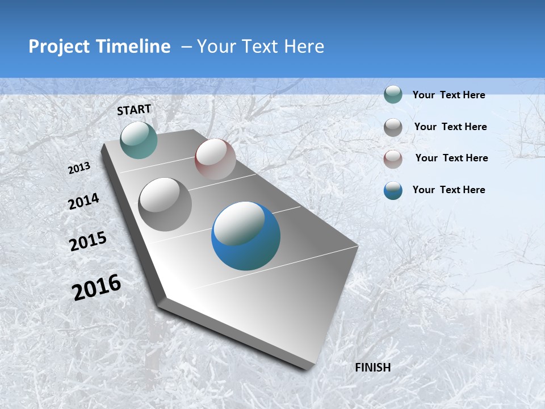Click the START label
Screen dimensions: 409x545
coord(134,110)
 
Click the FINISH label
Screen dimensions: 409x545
coord(373,368)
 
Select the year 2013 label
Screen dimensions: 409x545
coord(79,168)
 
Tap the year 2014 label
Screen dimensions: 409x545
coord(83,201)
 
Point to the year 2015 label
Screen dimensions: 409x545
coord(88,241)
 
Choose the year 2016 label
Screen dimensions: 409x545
coord(97,287)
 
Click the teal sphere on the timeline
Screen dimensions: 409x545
coord(139,140)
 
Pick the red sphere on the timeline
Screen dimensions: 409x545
coord(215,159)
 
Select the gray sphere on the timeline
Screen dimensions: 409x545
coord(165,204)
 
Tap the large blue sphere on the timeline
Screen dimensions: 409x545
coord(246,236)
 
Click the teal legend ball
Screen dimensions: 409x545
coord(393,95)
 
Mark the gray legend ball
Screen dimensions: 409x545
coord(393,127)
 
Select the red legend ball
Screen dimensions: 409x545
coord(393,158)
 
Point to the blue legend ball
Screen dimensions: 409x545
coord(393,190)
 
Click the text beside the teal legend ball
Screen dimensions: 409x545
coord(448,95)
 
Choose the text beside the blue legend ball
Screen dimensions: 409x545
coord(448,190)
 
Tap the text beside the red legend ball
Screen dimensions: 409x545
coord(451,158)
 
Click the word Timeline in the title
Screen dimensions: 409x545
coord(134,47)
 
